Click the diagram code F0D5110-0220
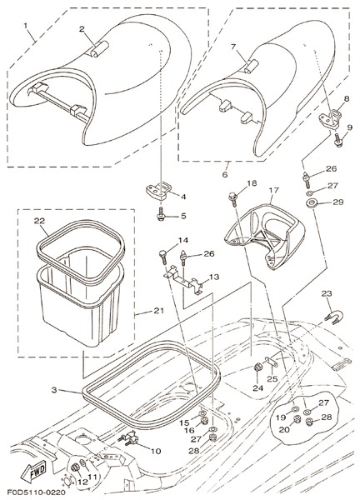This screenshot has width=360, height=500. [x=36, y=492]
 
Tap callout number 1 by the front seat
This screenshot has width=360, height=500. [x=26, y=25]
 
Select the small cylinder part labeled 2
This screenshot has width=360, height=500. [x=98, y=49]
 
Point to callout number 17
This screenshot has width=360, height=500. [x=273, y=190]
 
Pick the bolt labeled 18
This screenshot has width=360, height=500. [x=232, y=199]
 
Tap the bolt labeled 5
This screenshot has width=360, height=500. [x=161, y=214]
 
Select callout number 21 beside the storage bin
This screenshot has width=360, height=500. [x=158, y=310]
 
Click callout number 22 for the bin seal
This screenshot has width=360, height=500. [x=39, y=221]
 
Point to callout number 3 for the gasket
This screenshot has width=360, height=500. [x=54, y=390]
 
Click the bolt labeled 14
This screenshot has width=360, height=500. [x=163, y=257]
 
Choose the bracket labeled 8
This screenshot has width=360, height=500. [x=330, y=118]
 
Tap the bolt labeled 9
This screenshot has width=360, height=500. [x=338, y=140]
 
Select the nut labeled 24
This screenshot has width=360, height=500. [x=257, y=368]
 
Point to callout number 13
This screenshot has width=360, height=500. [x=214, y=277]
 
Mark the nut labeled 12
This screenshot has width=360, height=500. [x=75, y=468]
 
